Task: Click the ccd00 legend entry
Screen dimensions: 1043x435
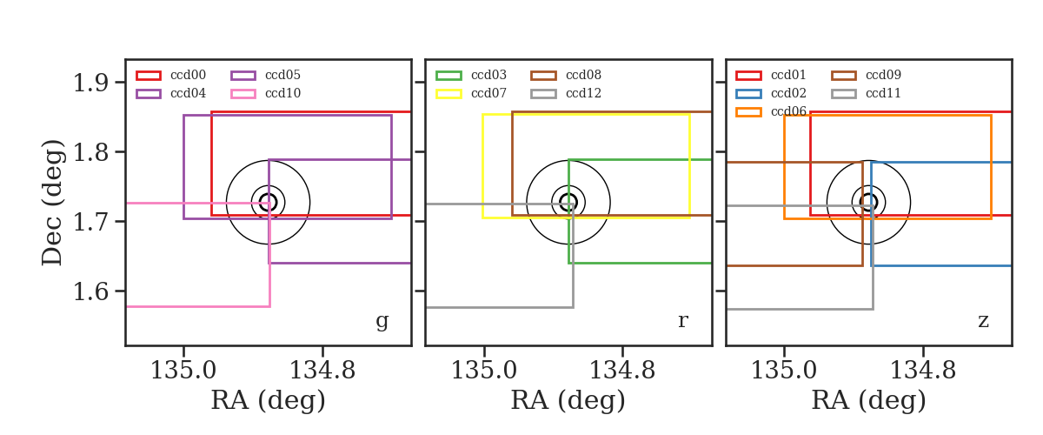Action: pos(171,75)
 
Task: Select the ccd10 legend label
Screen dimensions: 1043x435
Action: pos(283,93)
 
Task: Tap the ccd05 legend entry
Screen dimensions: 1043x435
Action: pos(266,75)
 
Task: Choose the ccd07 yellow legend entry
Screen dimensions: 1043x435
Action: pos(471,93)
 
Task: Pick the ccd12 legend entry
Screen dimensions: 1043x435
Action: pos(566,93)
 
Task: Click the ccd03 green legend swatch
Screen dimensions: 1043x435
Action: pos(448,76)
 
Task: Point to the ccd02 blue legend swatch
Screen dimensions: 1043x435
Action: pos(748,94)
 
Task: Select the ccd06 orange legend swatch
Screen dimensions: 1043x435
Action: pos(748,112)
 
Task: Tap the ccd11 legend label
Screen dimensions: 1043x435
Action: pos(883,93)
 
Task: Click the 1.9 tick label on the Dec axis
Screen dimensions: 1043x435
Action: pos(90,83)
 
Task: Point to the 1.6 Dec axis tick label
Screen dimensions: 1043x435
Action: pos(90,291)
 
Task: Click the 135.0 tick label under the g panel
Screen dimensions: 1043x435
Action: pos(183,371)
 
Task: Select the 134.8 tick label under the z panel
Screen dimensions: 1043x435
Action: pos(922,371)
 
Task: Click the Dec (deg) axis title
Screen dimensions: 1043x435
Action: pos(51,203)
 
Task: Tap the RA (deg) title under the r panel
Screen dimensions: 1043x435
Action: pos(568,400)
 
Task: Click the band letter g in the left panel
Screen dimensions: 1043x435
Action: pos(382,321)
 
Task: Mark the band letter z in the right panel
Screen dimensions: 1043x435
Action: pos(983,321)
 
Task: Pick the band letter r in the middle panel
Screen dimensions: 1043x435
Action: pos(682,321)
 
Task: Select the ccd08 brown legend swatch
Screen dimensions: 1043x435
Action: pos(543,76)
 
